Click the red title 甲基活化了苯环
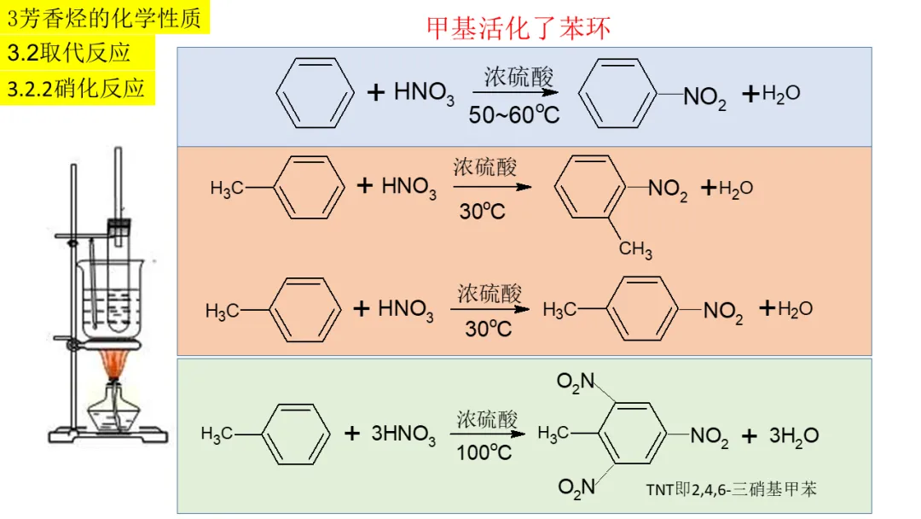point(518,27)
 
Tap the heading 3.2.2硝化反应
point(76,88)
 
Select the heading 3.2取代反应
point(68,53)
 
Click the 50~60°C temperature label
point(513,114)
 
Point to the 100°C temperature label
point(484,452)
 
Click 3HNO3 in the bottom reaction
point(403,434)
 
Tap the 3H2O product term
point(793,436)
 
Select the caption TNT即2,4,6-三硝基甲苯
point(731,489)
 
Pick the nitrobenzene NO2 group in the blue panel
point(704,97)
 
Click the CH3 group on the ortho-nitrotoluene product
point(635,249)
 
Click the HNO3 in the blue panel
point(424,93)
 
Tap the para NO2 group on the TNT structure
point(709,437)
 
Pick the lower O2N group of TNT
point(576,487)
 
